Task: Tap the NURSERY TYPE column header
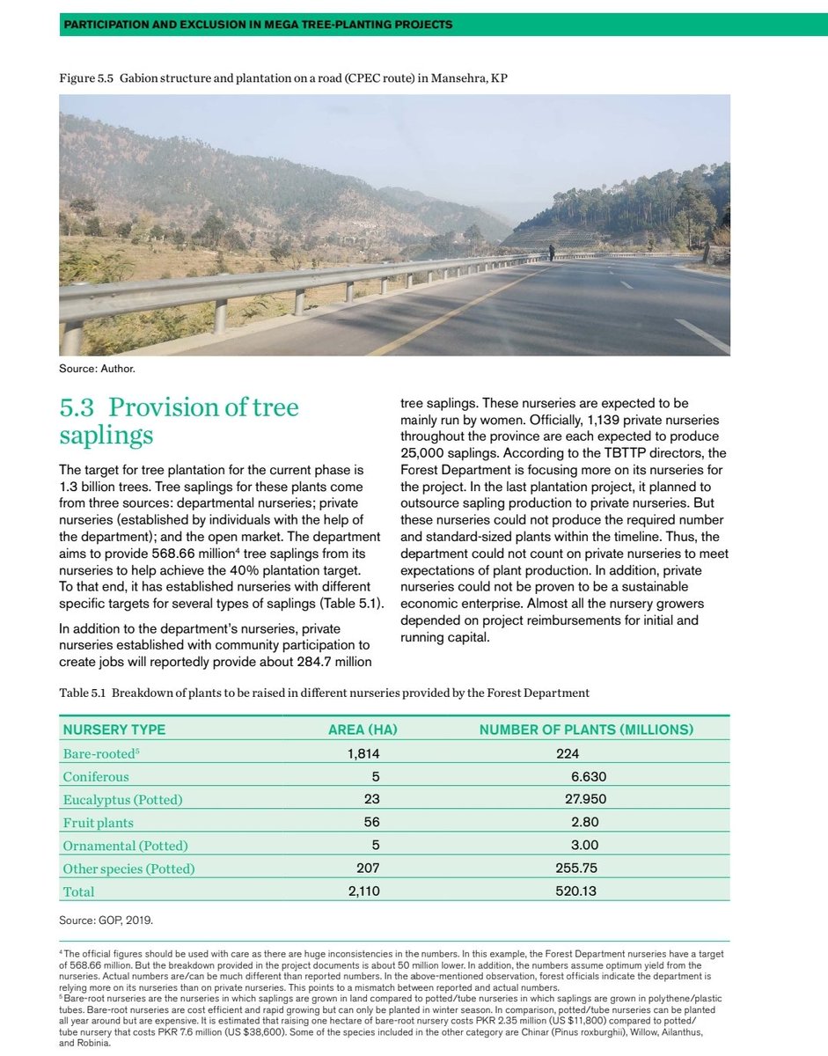coord(114,730)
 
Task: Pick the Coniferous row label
coord(96,776)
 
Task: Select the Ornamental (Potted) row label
coord(125,845)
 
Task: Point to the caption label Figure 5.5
coord(85,78)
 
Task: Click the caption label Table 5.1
coord(83,693)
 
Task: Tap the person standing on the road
coord(552,253)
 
